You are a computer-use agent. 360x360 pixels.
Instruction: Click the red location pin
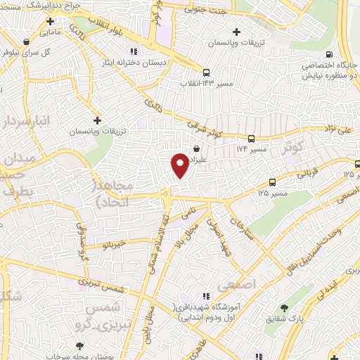[x=180, y=165]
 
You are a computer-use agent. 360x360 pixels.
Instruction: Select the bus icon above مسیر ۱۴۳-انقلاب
[x=206, y=72]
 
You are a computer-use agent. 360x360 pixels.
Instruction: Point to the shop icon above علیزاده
[x=195, y=148]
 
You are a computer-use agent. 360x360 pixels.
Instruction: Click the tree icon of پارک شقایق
[x=285, y=308]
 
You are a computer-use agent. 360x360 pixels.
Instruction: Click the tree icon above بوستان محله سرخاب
[x=79, y=346]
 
